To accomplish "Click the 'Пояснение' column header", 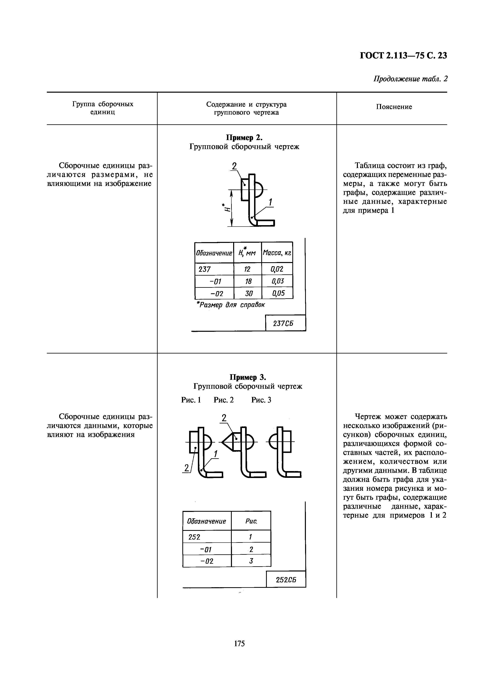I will point(394,107).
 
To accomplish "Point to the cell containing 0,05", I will point(278,293).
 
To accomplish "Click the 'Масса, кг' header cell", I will point(277,253).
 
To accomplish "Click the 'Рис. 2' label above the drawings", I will point(224,400).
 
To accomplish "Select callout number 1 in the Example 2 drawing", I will point(270,202).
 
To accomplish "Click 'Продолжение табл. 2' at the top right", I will point(410,79).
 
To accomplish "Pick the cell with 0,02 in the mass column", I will point(277,269).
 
